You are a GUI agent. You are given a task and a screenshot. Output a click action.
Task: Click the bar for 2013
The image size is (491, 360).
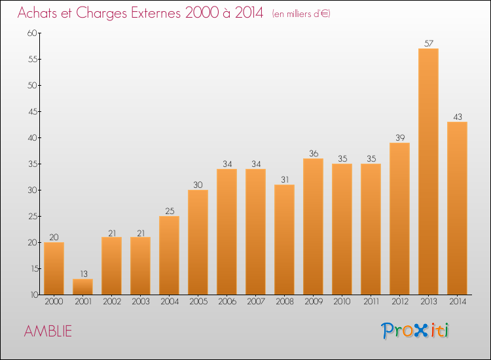[x=428, y=171]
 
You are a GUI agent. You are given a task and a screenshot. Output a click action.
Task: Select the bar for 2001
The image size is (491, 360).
[x=82, y=287]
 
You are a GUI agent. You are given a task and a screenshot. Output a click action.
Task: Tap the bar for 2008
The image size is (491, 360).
[x=284, y=240]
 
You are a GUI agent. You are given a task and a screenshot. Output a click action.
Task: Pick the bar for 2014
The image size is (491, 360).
[x=457, y=208]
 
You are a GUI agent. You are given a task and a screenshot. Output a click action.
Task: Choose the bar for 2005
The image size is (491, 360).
[x=198, y=242]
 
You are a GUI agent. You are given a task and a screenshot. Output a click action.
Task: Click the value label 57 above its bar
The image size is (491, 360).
[x=428, y=44]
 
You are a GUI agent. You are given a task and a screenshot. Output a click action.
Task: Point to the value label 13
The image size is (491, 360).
[x=82, y=274]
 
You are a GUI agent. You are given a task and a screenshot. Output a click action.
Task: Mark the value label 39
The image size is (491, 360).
[x=399, y=138]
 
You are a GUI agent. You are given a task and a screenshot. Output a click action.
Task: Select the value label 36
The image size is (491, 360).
[x=313, y=154]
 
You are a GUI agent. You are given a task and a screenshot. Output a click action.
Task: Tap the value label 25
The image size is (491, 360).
[x=169, y=211]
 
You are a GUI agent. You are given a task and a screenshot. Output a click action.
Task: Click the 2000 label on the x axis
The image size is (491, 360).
[x=54, y=302]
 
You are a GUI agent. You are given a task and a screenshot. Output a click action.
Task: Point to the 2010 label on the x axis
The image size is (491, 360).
[x=342, y=302]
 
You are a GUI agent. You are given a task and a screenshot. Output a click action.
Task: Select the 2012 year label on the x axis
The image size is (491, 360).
[x=399, y=302]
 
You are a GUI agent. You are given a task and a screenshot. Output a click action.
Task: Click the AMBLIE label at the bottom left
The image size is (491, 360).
[x=48, y=331]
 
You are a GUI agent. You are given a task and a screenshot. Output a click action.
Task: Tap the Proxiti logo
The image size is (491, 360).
[x=416, y=331]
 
